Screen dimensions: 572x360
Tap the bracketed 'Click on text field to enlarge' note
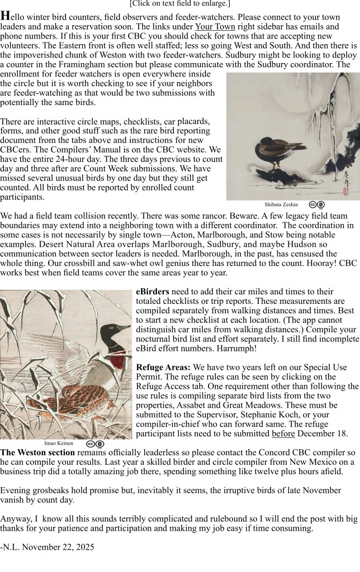tap(179, 3)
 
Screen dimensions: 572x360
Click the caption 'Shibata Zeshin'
tap(281, 205)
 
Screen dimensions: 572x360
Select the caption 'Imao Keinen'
tap(58, 444)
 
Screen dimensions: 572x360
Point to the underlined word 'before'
tap(283, 433)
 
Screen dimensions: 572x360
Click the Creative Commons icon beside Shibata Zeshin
tap(317, 205)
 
